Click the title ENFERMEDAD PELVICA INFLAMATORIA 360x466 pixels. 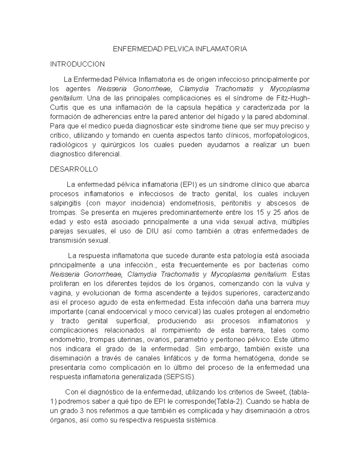click(180, 49)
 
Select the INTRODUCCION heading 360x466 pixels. click(77, 64)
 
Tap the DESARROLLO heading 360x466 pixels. click(74, 169)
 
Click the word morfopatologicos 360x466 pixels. click(281, 135)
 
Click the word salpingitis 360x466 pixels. click(65, 203)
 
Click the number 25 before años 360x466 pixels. click(275, 213)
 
